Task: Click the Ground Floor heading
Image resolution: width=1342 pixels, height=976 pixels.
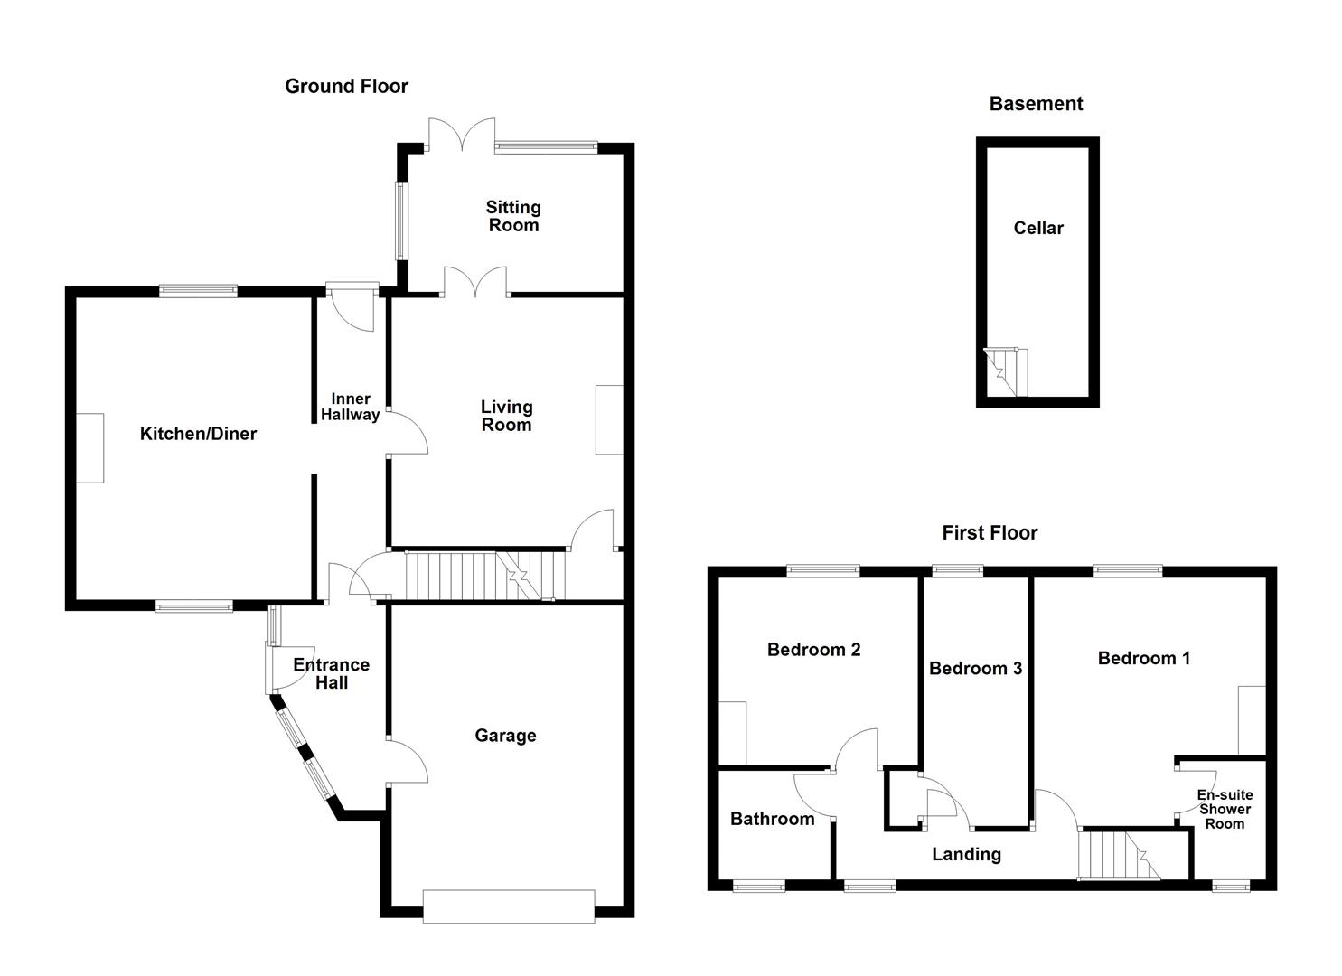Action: click(346, 87)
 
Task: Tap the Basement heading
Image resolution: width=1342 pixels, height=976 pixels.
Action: click(1036, 104)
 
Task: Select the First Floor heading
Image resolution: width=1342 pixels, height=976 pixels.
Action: click(990, 533)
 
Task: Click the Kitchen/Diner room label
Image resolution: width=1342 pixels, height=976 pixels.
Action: click(198, 434)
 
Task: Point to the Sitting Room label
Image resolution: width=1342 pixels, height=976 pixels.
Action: click(513, 217)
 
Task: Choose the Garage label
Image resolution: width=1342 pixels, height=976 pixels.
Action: click(505, 736)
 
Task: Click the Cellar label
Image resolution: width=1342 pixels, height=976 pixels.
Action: click(1038, 229)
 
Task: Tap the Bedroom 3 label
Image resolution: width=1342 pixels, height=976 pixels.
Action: click(975, 669)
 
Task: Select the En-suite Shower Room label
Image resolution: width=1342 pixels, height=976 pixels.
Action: click(1225, 809)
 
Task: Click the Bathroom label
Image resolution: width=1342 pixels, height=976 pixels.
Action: click(772, 819)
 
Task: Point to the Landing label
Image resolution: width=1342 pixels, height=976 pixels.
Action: click(966, 854)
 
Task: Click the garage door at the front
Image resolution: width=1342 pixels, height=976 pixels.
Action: click(508, 906)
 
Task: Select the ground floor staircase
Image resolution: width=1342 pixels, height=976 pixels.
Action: click(483, 575)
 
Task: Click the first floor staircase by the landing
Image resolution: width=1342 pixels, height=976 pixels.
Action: click(1119, 855)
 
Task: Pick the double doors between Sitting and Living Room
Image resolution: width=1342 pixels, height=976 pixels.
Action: click(474, 281)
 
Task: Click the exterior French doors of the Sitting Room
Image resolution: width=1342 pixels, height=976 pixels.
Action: click(461, 134)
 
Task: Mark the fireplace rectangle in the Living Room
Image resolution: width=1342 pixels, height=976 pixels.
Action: click(609, 420)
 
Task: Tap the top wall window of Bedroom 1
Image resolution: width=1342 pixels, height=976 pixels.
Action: click(1127, 570)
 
